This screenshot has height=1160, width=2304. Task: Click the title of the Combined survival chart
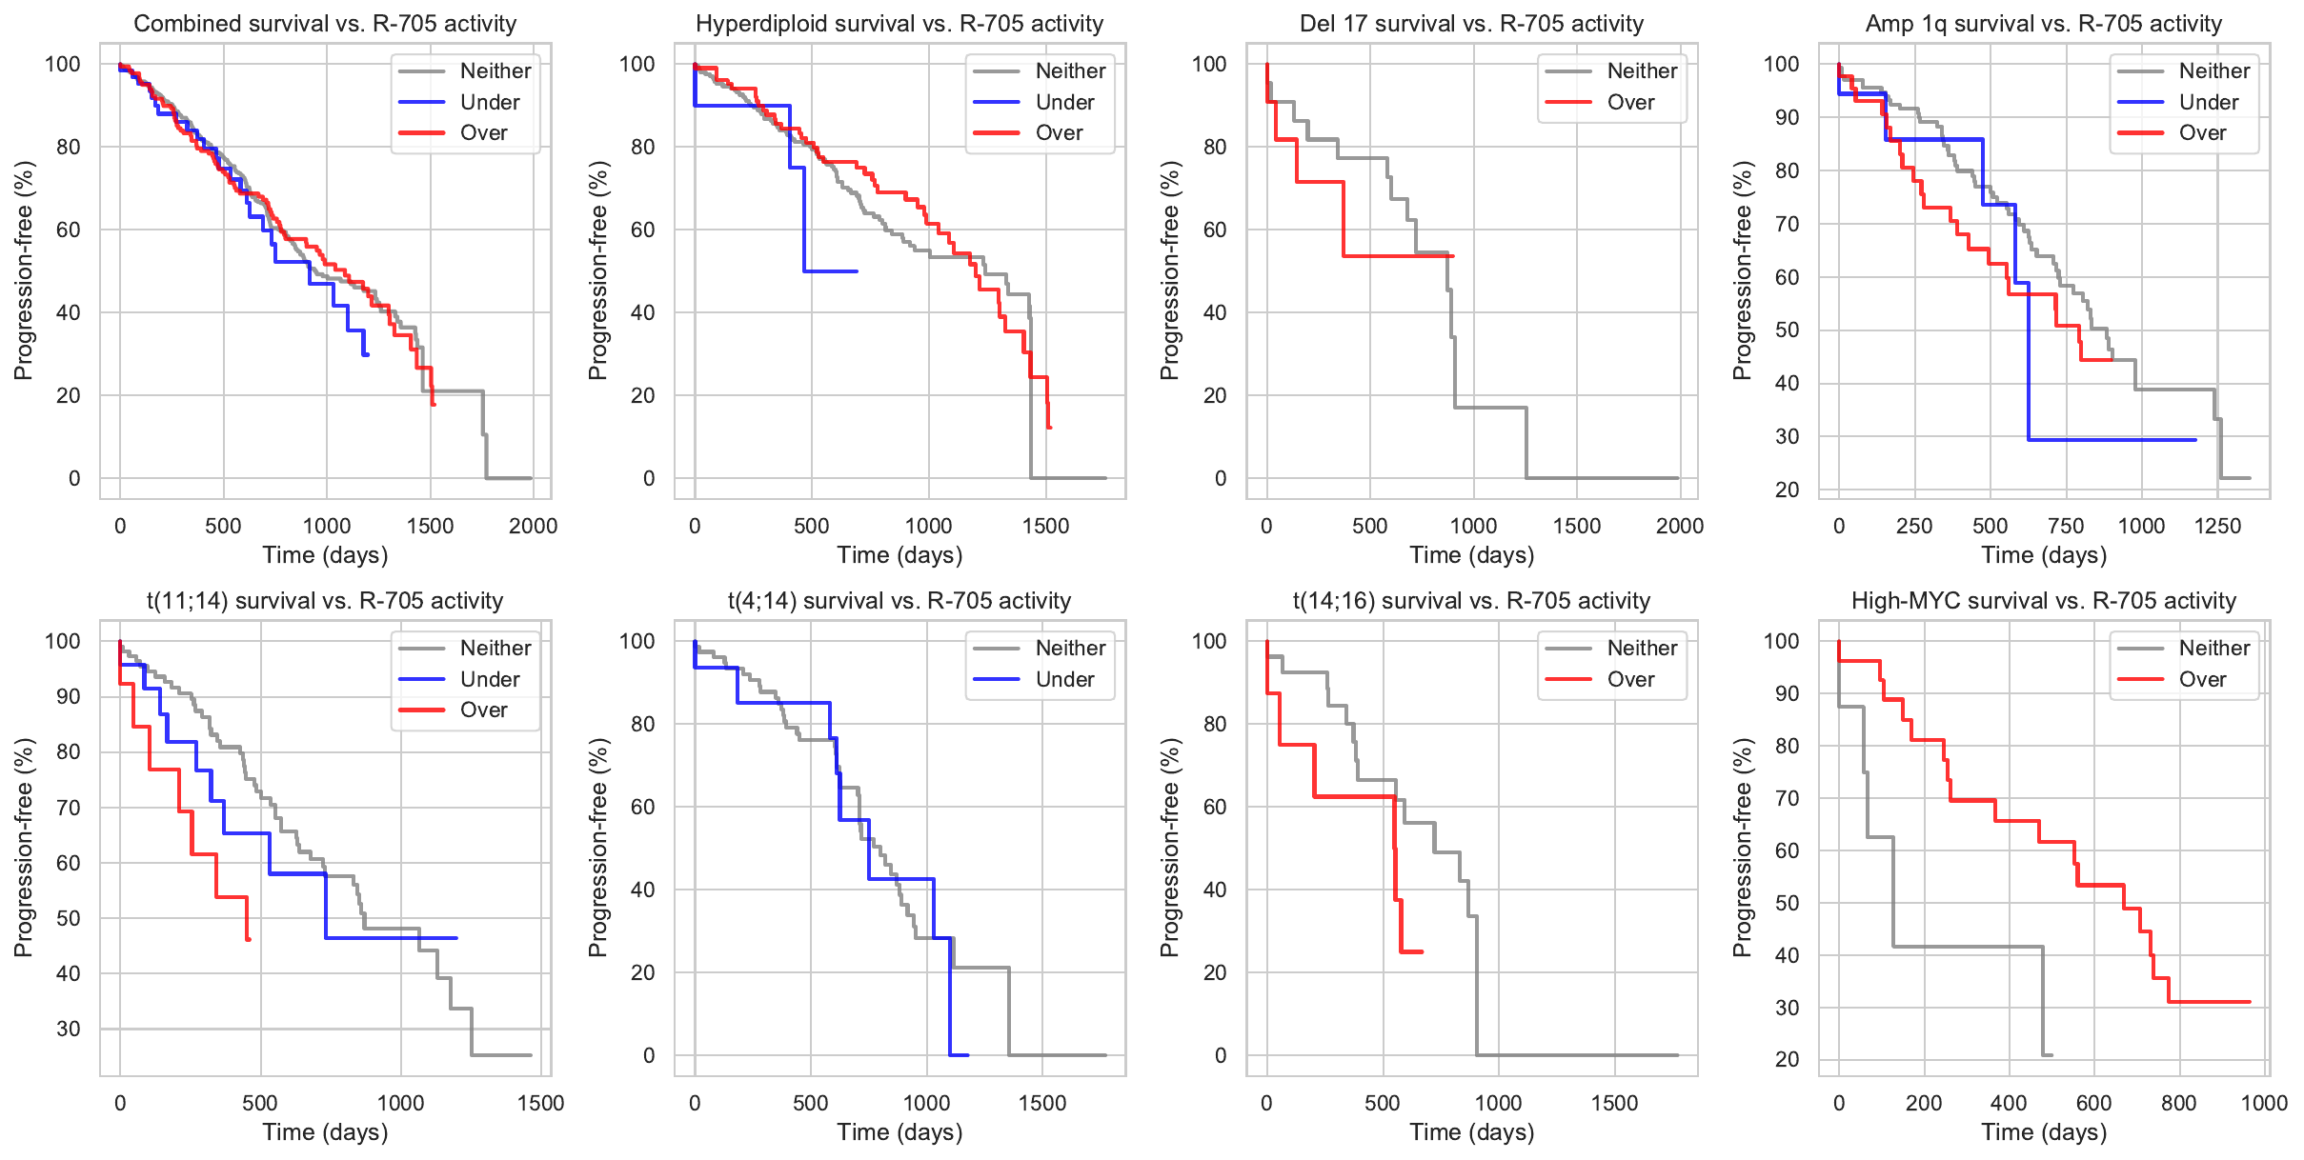325,24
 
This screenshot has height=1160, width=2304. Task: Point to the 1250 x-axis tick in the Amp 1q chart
2217,526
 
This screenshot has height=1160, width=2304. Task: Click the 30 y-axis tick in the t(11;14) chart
69,1029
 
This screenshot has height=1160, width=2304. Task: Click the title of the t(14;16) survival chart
1471,601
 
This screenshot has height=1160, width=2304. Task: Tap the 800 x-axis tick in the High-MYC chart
2178,1103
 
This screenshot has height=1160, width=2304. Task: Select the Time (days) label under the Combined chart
325,555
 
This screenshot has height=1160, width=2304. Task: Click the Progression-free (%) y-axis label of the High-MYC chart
1742,848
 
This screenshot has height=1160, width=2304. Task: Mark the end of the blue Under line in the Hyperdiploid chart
857,271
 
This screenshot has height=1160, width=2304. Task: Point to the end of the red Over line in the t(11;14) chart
249,939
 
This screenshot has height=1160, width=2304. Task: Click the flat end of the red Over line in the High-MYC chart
2249,1002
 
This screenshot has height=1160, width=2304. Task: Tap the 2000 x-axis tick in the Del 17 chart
1679,526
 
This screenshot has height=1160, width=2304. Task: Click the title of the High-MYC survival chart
2043,601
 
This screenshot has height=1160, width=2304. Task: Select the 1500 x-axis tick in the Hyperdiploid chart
1045,526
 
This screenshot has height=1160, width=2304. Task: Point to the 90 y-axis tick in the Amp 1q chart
1781,118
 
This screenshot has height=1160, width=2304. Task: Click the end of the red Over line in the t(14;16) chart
1422,951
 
